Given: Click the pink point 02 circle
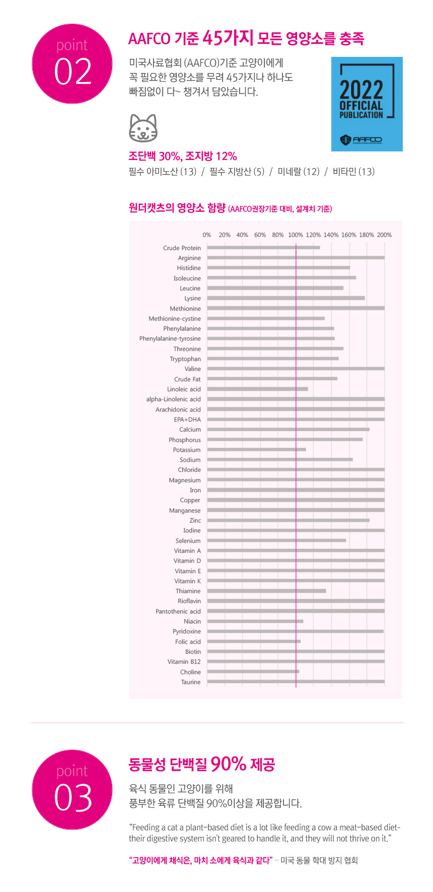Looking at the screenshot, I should click(x=72, y=64).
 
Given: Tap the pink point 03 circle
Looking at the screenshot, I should click(x=72, y=789).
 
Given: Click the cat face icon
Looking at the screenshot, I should click(x=143, y=128).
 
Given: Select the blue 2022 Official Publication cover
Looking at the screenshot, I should click(x=367, y=104).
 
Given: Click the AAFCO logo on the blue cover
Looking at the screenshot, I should click(x=361, y=139).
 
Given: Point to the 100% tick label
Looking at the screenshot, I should click(x=296, y=235).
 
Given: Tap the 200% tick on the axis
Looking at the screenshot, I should click(x=384, y=235).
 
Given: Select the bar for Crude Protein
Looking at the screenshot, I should click(x=263, y=248).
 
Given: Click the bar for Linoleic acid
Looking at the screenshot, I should click(x=257, y=389).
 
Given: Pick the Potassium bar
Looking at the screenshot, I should click(x=256, y=449).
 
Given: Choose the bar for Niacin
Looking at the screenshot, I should click(x=255, y=621).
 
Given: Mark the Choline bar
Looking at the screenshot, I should click(x=253, y=672).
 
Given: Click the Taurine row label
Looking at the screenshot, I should click(x=191, y=682).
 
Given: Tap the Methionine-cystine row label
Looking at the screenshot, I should click(x=175, y=318).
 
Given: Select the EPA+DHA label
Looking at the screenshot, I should click(x=187, y=420).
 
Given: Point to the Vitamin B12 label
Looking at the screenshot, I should click(x=184, y=662).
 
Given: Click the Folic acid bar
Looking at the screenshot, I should click(x=254, y=641).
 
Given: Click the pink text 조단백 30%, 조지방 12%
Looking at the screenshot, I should click(x=183, y=156).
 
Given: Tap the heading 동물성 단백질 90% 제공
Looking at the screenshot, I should click(x=201, y=765).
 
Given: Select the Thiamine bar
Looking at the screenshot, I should click(x=266, y=591).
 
